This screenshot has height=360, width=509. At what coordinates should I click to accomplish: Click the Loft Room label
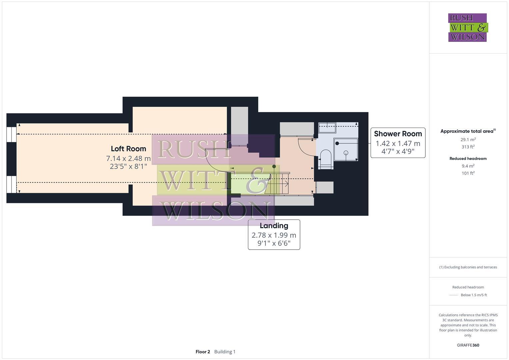pos(128,149)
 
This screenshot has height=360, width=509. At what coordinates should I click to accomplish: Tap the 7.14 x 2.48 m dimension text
pos(128,159)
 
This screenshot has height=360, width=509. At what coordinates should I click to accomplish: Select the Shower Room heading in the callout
pos(398,134)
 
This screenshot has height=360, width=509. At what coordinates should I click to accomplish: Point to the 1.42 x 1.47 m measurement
pos(398,144)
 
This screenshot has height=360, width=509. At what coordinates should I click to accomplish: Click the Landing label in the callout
pos(274,226)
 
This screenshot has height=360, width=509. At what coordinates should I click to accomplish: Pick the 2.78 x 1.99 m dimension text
pos(274,235)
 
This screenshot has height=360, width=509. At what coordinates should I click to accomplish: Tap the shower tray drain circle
pos(346,153)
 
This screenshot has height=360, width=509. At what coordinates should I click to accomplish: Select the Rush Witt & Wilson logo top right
pos(467,28)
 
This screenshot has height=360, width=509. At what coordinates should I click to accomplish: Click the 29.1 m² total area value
pos(468,140)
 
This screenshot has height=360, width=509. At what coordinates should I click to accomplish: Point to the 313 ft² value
pos(468,147)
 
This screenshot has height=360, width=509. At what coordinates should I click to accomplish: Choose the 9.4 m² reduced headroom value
pos(468,166)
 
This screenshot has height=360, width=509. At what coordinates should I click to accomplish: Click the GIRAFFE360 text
pos(468,345)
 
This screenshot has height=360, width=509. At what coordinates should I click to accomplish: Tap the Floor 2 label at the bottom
pos(203,352)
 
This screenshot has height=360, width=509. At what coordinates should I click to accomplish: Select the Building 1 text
pos(225,352)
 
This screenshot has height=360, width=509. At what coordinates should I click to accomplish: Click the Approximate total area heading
pos(467,131)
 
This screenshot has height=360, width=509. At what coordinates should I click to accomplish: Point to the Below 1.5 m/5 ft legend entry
pos(473,295)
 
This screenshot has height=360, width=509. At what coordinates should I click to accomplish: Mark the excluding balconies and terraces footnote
pos(468,267)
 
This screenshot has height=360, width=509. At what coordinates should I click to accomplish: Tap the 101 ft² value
pos(468,173)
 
